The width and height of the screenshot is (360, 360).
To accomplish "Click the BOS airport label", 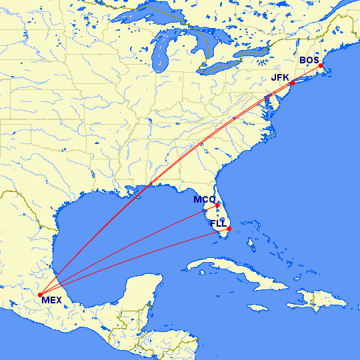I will [309, 61].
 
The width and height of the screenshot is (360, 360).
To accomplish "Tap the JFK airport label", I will [280, 78].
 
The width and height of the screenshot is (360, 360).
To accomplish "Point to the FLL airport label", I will [218, 223].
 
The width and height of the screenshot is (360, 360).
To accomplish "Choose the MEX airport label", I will [51, 300].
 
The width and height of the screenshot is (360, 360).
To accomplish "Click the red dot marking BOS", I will [321, 65].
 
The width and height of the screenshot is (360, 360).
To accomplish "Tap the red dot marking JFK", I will [291, 83].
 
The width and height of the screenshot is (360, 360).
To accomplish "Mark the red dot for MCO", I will [217, 205].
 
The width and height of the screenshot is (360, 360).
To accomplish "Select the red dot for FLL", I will [229, 229].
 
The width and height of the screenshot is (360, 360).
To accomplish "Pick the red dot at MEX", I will [40, 294].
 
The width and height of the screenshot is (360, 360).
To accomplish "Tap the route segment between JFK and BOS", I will [307, 73].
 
